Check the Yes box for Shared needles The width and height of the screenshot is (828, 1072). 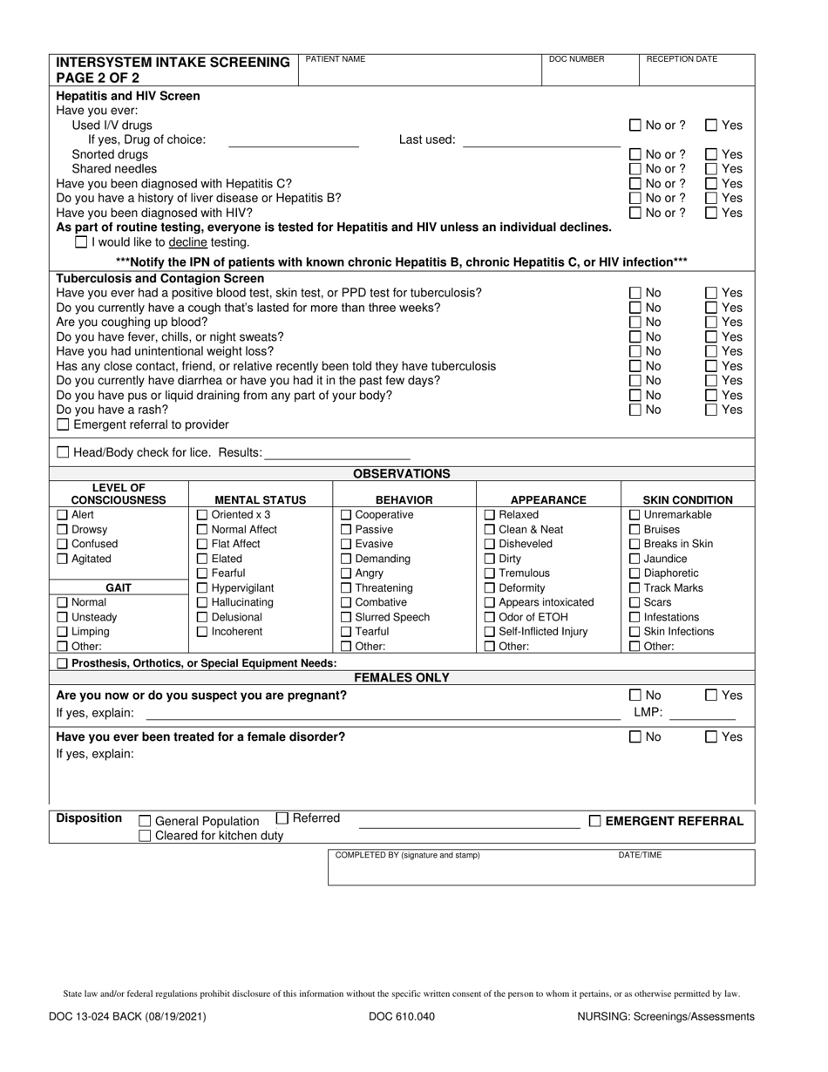pos(711,169)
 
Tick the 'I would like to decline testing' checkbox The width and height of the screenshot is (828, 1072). pos(81,242)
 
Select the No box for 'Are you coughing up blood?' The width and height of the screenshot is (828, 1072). pos(635,322)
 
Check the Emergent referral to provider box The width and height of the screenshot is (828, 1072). pos(63,425)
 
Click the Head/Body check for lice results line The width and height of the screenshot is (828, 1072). pos(336,454)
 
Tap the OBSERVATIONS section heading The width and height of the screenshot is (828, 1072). pos(401,474)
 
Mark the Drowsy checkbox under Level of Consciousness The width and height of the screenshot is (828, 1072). pos(63,530)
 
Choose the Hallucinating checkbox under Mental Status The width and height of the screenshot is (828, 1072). pos(203,602)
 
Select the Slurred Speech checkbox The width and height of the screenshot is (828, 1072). pos(346,617)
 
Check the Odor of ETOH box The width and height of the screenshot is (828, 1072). pos(490,617)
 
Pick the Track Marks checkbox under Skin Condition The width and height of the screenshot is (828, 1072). pos(635,588)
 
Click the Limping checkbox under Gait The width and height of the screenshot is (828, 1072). pos(63,632)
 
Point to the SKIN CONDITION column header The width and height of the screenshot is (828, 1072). pos(687,500)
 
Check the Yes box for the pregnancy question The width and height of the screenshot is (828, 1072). pos(711,695)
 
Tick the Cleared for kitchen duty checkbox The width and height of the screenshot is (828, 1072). pos(146,836)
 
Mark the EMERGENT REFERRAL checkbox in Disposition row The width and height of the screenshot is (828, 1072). pos(595,821)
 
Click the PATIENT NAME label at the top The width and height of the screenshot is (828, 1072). pos(335,59)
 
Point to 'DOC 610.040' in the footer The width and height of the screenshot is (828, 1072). pos(402,1016)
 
